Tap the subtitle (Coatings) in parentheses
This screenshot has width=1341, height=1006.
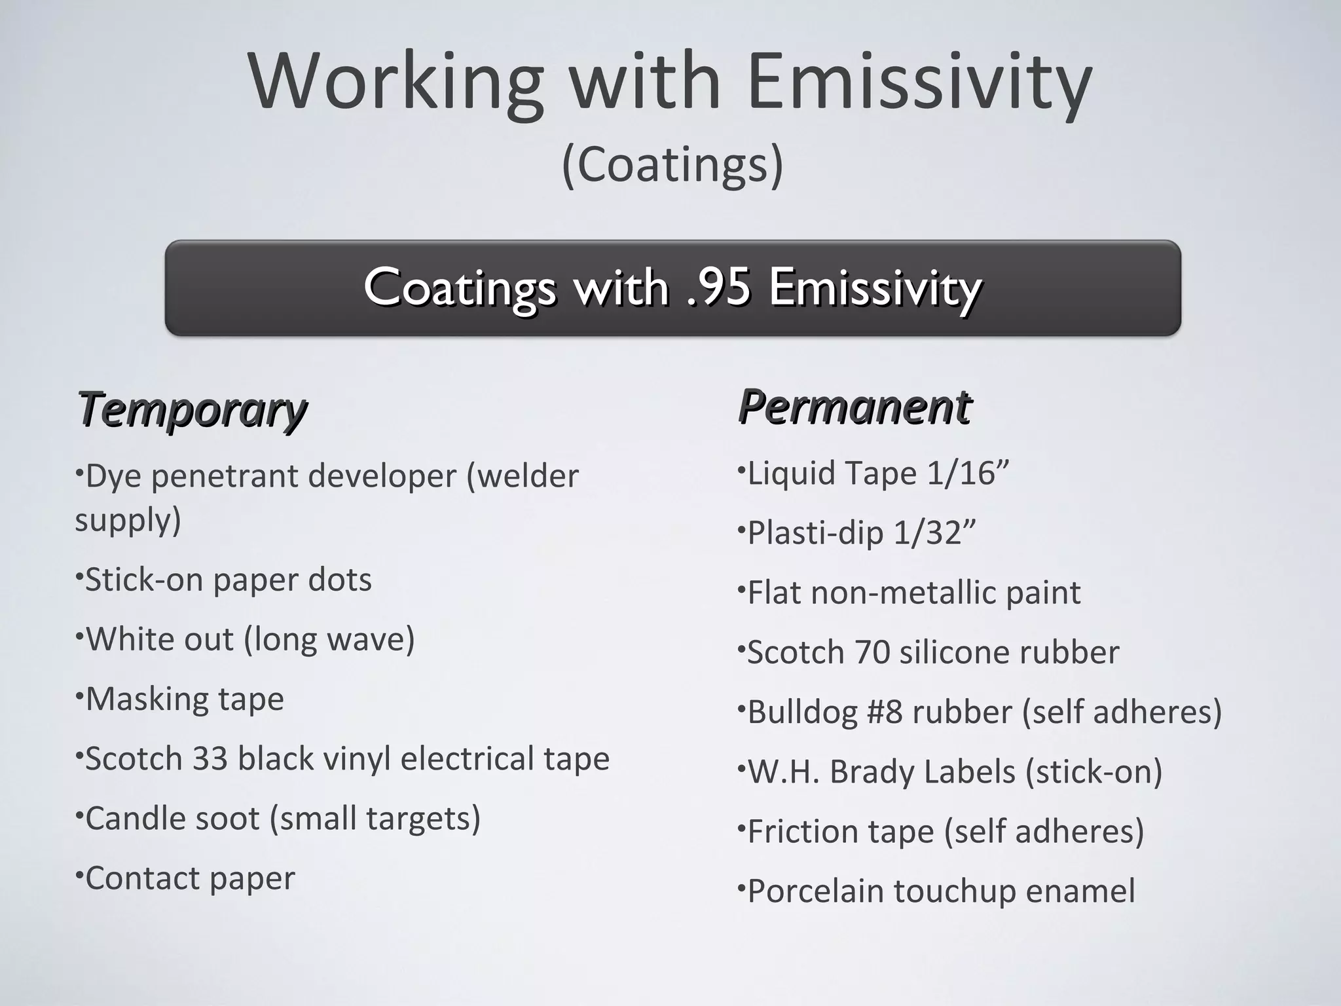[672, 165]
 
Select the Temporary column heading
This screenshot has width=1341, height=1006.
[192, 409]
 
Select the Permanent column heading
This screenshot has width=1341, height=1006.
[854, 407]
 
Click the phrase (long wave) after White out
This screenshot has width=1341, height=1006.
[329, 640]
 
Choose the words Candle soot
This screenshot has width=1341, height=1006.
[172, 819]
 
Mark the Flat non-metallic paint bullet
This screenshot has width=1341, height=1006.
[913, 593]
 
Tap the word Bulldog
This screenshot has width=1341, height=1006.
[802, 713]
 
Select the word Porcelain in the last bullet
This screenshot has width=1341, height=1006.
[815, 891]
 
